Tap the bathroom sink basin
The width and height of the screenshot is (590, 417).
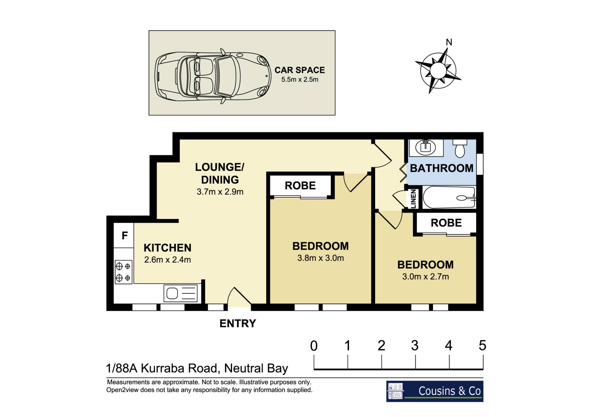tap(425, 147)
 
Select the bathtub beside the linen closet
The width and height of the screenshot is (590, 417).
tap(449, 198)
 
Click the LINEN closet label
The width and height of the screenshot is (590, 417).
tap(413, 199)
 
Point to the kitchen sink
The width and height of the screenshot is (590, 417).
tap(180, 293)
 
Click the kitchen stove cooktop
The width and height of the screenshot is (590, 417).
tap(123, 272)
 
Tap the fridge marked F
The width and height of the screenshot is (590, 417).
tap(124, 236)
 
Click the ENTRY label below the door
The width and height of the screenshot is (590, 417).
tap(238, 323)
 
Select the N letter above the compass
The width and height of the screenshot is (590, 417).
tap(449, 42)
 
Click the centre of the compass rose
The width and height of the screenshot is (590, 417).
tap(438, 71)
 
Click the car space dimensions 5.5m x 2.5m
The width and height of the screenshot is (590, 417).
tap(300, 79)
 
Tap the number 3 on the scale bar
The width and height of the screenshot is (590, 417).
tap(415, 346)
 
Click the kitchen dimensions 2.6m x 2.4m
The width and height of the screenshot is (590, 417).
tap(167, 260)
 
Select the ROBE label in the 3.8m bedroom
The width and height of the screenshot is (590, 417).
tap(300, 186)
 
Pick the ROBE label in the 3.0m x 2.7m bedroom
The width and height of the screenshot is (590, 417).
tap(446, 223)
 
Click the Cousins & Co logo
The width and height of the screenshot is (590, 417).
tap(435, 391)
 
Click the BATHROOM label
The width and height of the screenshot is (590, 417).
tap(442, 168)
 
